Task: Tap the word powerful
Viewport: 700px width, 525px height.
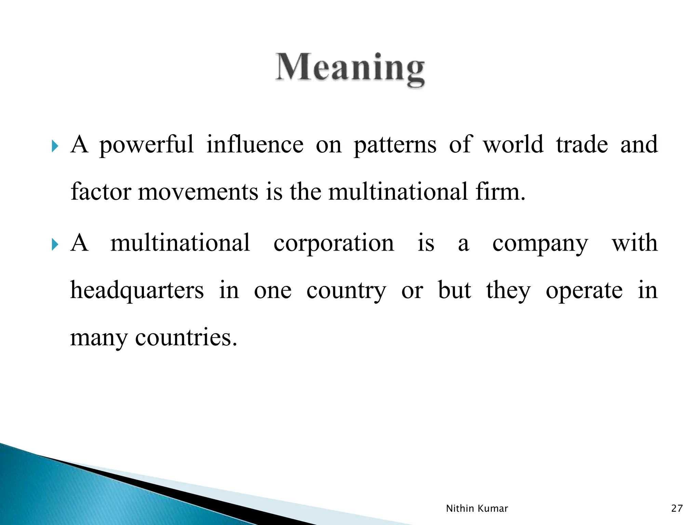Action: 146,145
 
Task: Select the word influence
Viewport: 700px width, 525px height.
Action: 255,144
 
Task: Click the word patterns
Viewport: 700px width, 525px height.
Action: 395,145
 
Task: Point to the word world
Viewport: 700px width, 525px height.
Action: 513,144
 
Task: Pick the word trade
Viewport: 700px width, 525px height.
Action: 582,144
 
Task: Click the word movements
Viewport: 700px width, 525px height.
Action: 198,192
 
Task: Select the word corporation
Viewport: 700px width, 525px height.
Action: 334,243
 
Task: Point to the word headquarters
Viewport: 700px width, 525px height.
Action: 137,291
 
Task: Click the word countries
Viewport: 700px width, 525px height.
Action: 186,337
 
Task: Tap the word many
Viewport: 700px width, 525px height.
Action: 98,338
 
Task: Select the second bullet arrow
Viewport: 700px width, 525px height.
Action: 55,245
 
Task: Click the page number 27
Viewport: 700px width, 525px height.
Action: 677,508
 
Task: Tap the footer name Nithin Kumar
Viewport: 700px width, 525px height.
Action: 477,508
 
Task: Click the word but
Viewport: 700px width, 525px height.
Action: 454,291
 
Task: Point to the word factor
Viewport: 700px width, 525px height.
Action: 101,192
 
